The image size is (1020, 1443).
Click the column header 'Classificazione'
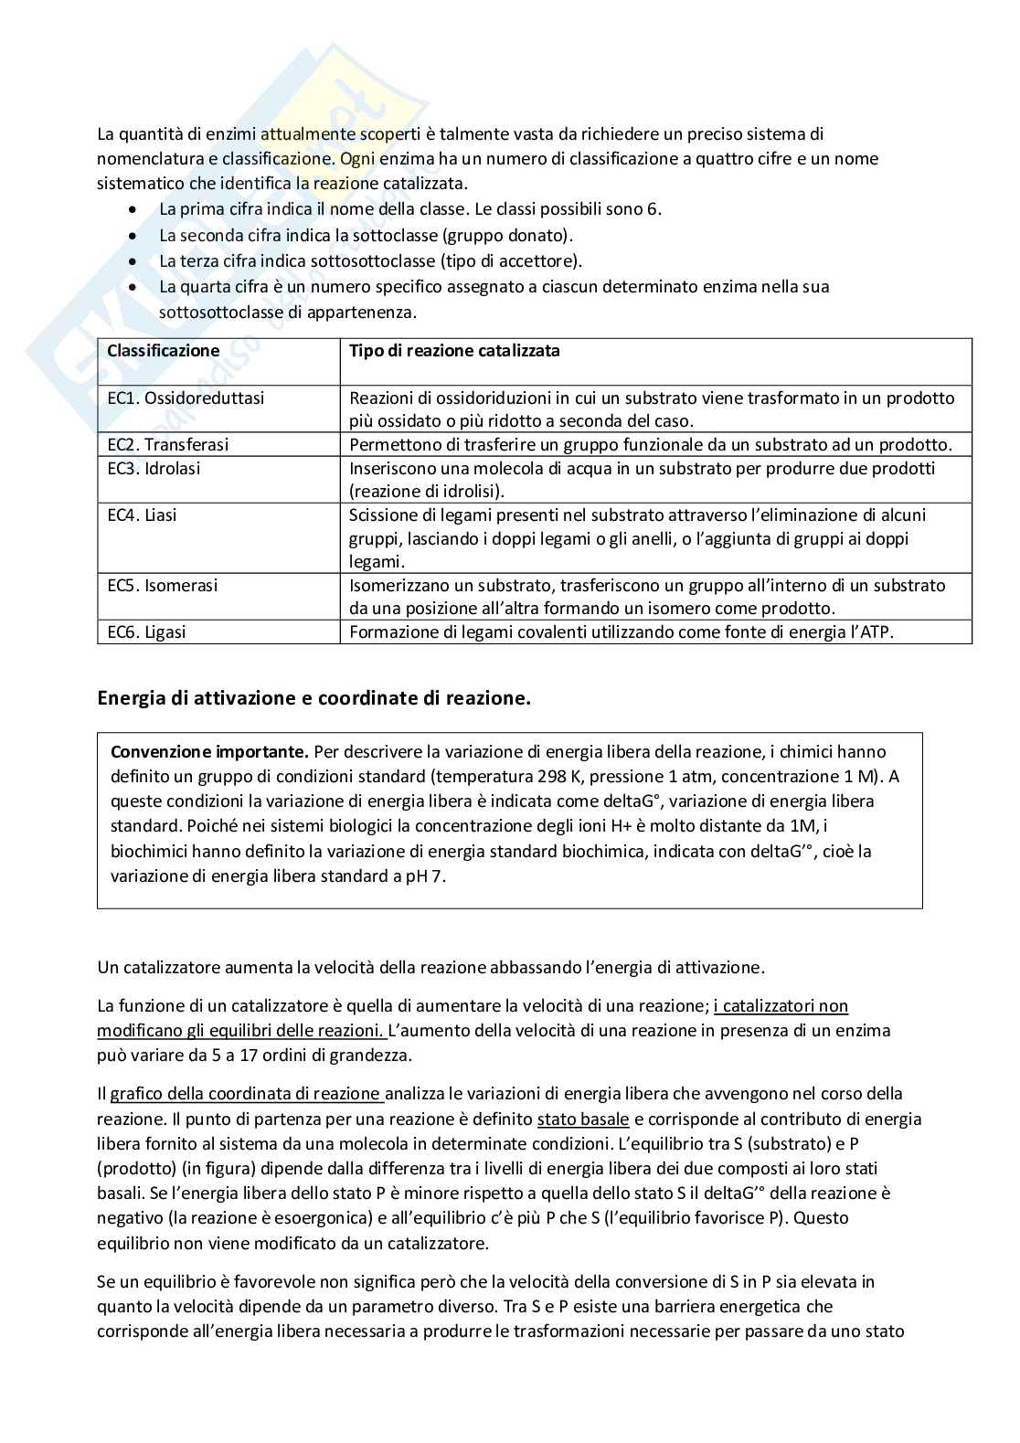(164, 351)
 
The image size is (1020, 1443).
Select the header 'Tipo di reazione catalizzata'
(454, 351)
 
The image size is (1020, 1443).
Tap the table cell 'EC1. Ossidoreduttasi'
(186, 398)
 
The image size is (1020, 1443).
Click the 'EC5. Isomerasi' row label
(163, 586)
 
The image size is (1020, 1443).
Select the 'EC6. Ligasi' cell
(146, 632)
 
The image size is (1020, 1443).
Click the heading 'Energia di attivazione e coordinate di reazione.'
(313, 699)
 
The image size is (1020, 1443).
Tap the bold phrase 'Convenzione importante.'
(209, 752)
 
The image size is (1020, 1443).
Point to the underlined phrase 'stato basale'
(583, 1119)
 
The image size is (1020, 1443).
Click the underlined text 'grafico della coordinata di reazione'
(245, 1095)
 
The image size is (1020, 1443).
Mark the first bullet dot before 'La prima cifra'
(135, 210)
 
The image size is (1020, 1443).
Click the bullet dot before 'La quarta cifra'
(135, 287)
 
